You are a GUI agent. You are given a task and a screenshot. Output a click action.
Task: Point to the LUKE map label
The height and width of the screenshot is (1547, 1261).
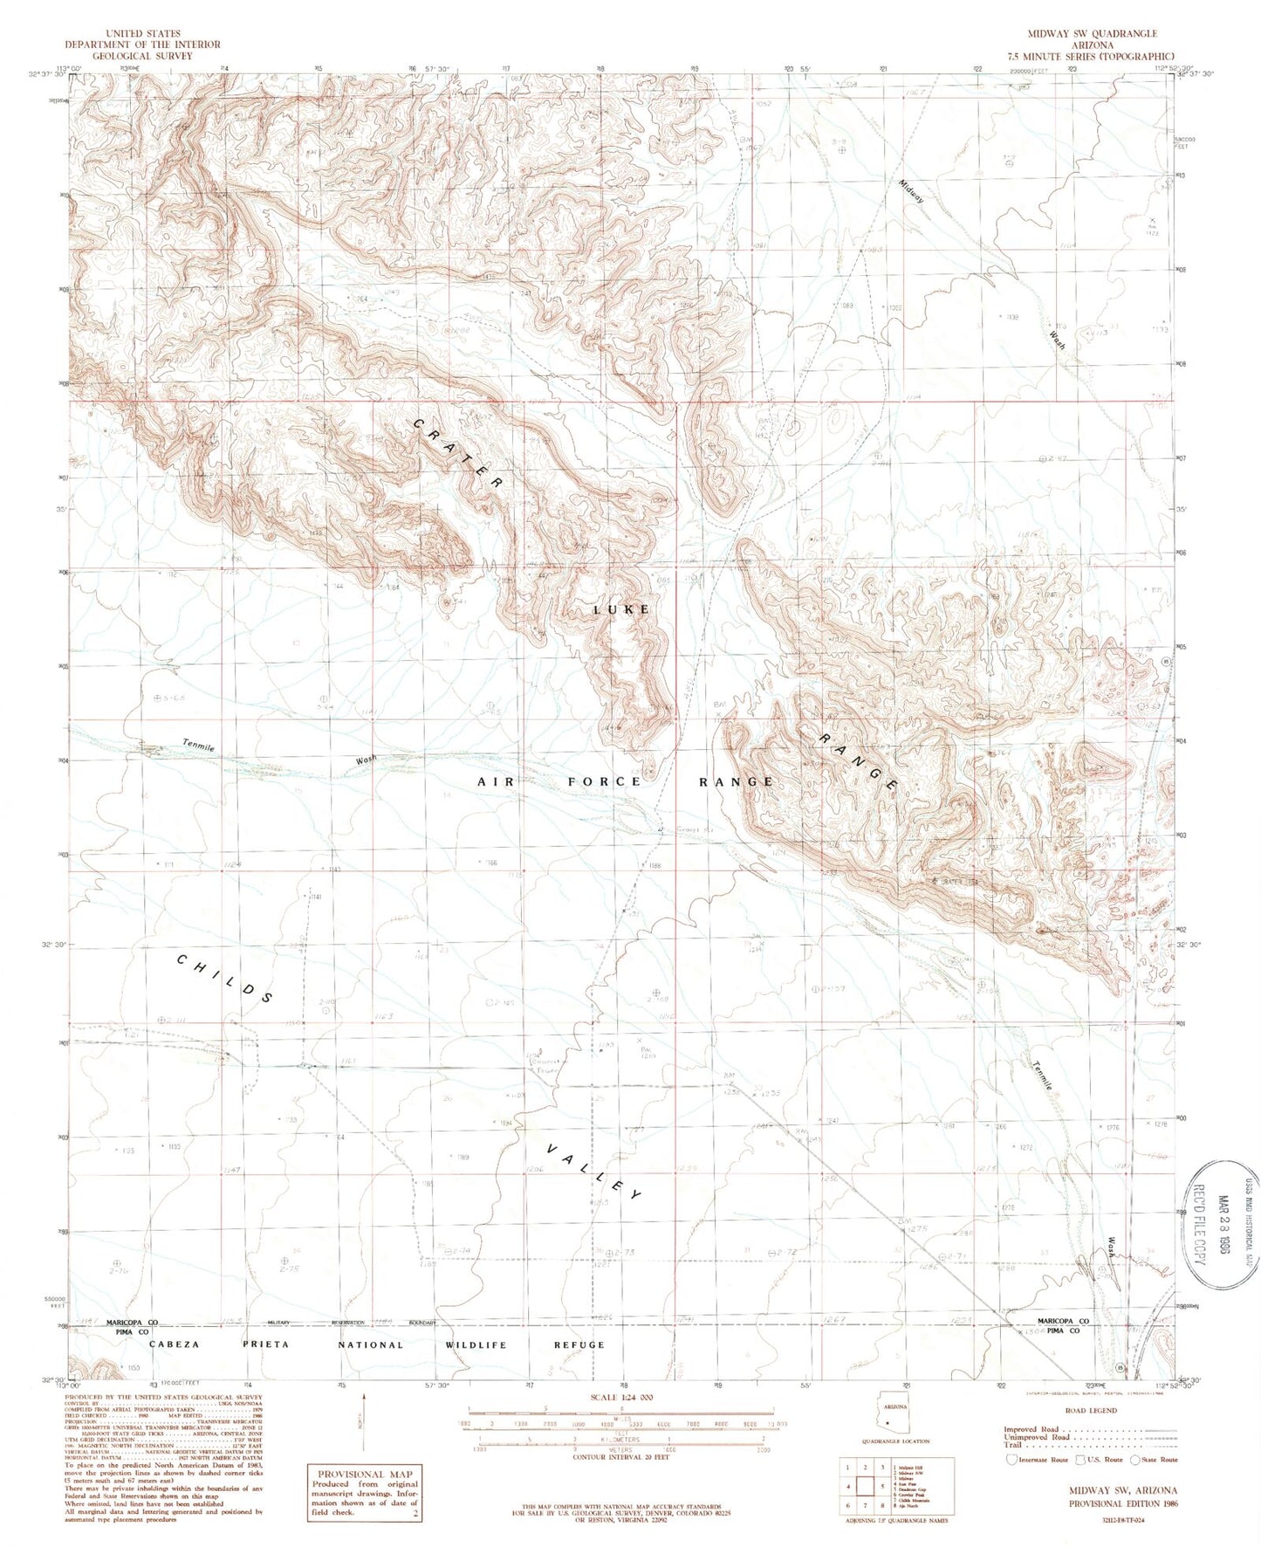(x=622, y=609)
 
